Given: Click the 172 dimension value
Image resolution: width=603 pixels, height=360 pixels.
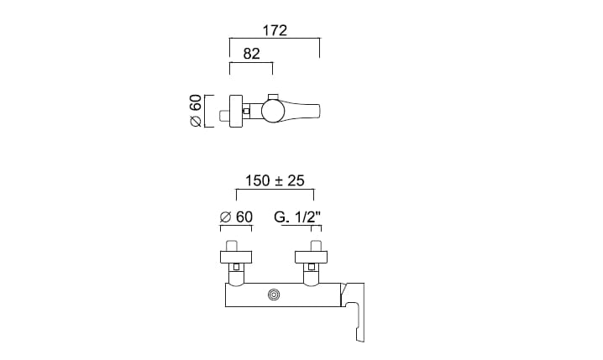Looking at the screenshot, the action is coord(275,30).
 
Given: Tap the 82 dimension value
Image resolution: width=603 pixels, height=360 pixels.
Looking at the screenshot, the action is coord(251,54).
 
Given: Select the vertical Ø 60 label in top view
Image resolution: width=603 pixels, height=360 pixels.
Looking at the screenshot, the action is coord(196,111).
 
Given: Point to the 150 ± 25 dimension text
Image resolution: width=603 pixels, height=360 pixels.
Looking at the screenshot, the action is coord(275,180).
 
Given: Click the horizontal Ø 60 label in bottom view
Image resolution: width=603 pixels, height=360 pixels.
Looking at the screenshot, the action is coord(236,217).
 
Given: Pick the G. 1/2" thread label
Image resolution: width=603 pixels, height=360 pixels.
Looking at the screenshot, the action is coord(297,217).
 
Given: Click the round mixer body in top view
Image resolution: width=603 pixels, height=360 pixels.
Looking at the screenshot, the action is coord(273,111).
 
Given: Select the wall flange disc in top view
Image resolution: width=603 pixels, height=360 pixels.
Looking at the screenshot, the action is coord(236,111).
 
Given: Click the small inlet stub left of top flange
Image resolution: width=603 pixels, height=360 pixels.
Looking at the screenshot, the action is coord(224,116).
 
